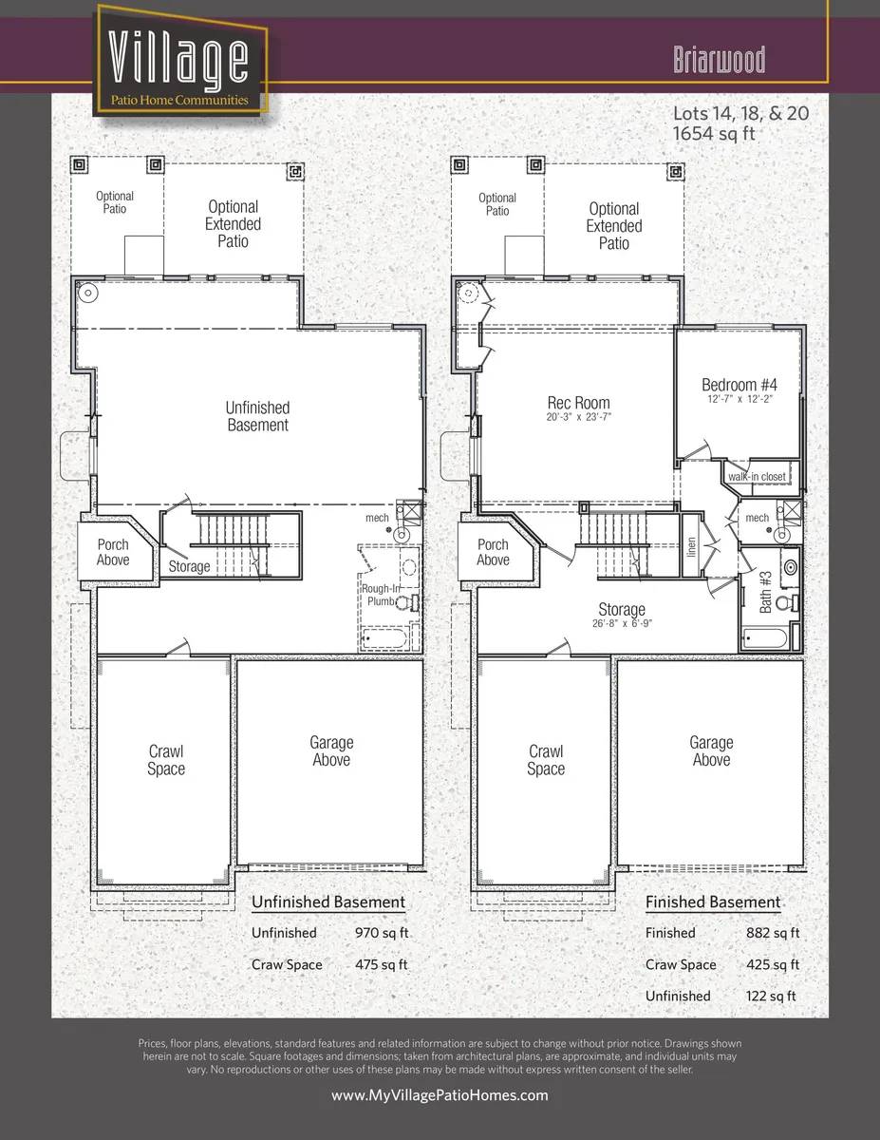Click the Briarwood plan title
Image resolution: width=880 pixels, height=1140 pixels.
point(719,61)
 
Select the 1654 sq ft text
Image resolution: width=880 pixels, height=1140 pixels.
point(713,134)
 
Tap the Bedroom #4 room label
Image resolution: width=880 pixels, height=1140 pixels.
point(739,385)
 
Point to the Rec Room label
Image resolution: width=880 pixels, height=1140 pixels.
point(577,403)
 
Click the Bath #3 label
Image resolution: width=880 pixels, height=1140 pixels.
point(766,590)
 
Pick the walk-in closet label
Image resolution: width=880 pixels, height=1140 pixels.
point(757,476)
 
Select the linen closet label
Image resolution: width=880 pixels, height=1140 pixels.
point(692,546)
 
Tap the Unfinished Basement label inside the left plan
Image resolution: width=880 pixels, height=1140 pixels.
point(257,416)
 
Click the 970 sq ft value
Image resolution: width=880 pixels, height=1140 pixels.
point(381,933)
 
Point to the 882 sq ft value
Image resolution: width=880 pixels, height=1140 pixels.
point(773,933)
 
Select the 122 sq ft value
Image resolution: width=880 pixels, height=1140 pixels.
point(770,996)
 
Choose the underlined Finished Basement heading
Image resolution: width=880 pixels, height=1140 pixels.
point(712,902)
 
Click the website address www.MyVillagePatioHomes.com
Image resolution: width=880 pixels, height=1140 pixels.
point(440,1095)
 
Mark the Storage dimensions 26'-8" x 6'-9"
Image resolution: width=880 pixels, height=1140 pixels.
point(622,624)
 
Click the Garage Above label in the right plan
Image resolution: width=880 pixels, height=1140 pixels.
point(711,751)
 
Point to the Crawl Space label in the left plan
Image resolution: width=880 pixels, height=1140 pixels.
point(165,760)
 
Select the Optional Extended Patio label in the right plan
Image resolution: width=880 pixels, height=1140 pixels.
point(613,225)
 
